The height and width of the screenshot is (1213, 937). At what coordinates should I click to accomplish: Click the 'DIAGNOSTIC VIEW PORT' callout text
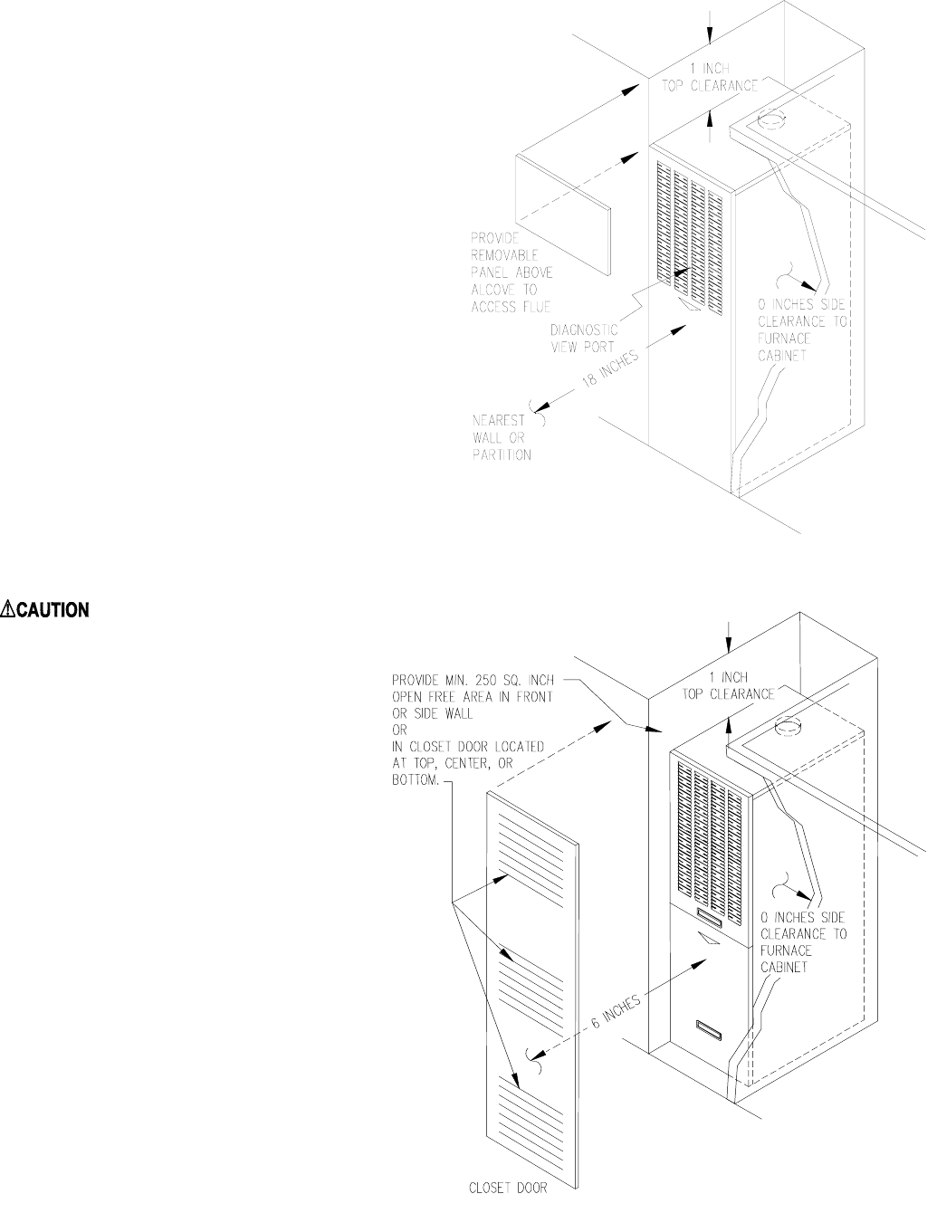pyautogui.click(x=584, y=338)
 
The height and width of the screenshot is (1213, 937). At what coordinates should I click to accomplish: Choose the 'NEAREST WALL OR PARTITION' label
pyautogui.click(x=502, y=437)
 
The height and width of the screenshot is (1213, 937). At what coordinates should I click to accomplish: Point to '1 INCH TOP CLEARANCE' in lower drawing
pyautogui.click(x=728, y=685)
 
